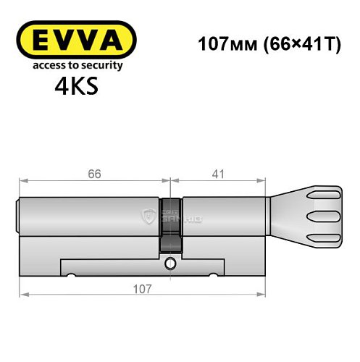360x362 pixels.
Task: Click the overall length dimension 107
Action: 142,289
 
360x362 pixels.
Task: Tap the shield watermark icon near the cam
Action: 151,214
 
